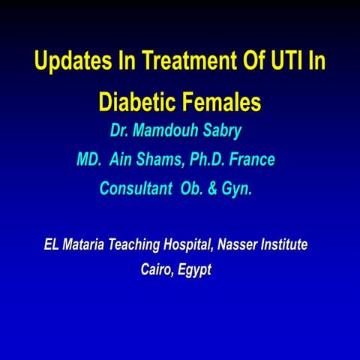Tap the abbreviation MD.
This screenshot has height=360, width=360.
(x=88, y=160)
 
